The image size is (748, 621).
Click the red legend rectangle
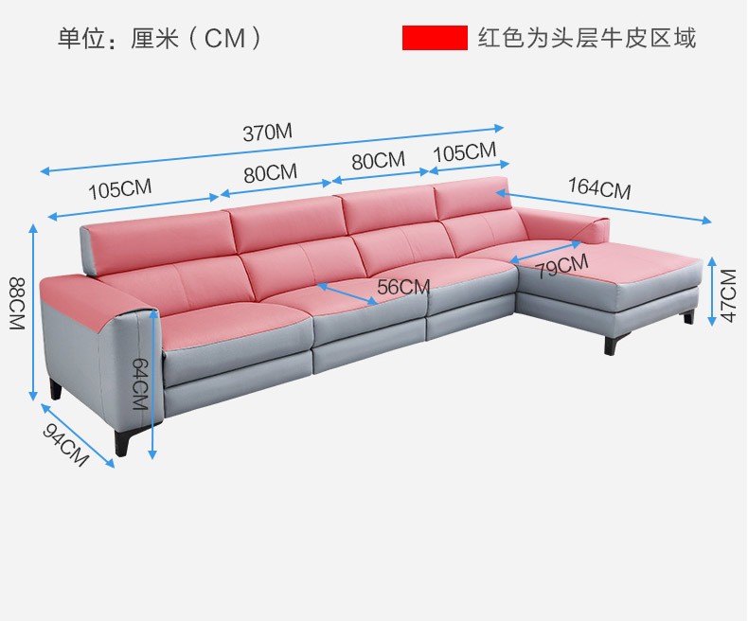(435, 38)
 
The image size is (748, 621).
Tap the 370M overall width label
(268, 133)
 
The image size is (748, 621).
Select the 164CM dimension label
(599, 187)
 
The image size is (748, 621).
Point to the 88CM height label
(15, 303)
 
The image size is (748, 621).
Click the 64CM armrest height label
(139, 382)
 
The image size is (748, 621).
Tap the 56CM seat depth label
(403, 287)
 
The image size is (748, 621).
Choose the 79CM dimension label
(561, 266)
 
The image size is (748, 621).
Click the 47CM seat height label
(728, 295)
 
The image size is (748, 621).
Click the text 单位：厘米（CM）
(160, 39)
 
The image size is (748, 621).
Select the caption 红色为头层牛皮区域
(587, 38)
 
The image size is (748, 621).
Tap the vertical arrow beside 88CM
(34, 312)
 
